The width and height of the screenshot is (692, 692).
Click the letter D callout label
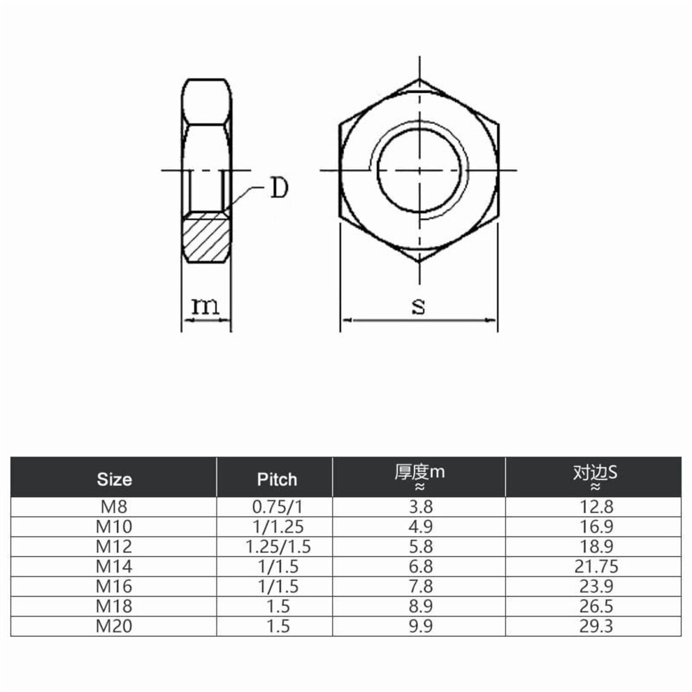coord(279,188)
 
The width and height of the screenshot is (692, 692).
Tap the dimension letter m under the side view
coord(206,306)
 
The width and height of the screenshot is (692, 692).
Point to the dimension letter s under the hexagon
coord(419,306)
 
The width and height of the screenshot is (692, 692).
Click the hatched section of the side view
coord(206,237)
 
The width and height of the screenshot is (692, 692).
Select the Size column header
coord(115,480)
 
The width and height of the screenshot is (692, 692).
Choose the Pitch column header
coord(277,480)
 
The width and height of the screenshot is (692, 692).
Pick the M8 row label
coord(114,507)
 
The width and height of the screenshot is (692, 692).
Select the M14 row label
coord(114,566)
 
